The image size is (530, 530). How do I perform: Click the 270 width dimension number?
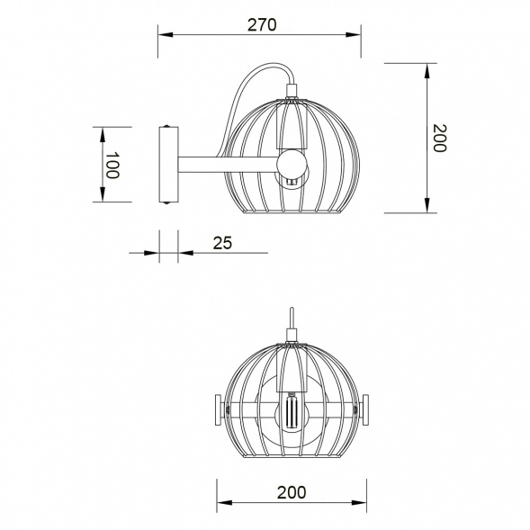coord(261,24)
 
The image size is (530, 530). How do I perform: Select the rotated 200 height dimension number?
coord(438,138)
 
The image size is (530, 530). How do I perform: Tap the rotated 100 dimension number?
coord(112,166)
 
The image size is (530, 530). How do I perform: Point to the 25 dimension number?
coord(224,242)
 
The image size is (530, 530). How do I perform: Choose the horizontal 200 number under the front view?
coord(291,491)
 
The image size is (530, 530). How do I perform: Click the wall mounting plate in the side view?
coord(167,166)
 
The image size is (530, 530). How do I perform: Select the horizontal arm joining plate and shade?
coord(225,165)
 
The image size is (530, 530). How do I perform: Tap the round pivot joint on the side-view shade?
coord(292,164)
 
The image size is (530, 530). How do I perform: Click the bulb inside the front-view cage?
coord(292,414)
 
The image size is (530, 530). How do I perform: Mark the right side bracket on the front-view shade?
coord(365,410)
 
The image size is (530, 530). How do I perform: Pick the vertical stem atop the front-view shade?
coord(292,322)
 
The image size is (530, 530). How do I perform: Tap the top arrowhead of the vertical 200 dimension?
coord(426,68)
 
